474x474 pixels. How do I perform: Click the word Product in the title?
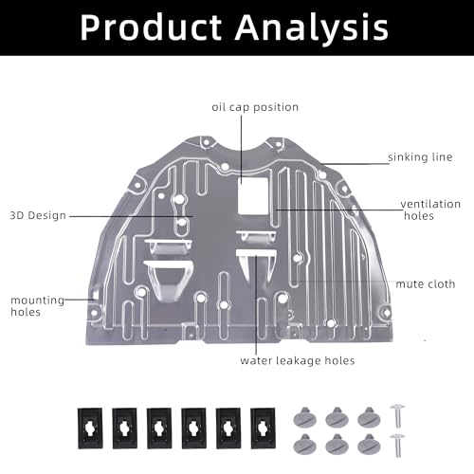[151, 27]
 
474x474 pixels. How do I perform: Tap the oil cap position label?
[255, 107]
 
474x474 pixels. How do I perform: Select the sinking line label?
[420, 157]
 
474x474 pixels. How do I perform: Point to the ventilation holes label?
[430, 210]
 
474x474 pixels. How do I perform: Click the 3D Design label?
[38, 215]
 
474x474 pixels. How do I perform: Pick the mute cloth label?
[426, 284]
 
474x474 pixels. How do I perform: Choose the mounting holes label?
[37, 306]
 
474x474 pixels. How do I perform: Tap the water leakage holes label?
[298, 360]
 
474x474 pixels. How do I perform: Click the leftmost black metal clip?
[90, 428]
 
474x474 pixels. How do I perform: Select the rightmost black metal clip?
[263, 428]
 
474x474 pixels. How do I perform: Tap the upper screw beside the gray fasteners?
[397, 415]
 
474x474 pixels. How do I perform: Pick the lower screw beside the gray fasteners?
[397, 446]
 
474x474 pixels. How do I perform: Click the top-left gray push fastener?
[305, 417]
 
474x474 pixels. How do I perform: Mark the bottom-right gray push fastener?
[369, 445]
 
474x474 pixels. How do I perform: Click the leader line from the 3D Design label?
[131, 216]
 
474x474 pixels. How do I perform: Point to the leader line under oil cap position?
[241, 149]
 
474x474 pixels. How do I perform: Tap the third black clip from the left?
[159, 428]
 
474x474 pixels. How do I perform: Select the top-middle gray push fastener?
[337, 417]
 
